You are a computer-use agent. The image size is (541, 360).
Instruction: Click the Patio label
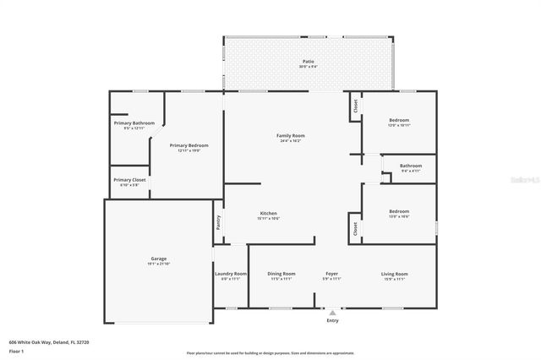309,62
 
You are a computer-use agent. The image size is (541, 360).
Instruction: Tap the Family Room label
291,135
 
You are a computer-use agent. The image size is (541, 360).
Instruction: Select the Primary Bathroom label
134,123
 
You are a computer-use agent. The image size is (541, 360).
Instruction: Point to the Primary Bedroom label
189,145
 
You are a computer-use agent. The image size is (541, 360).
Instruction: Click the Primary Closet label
129,179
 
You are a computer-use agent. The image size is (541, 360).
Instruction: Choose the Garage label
159,259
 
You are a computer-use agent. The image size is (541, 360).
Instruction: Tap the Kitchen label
268,213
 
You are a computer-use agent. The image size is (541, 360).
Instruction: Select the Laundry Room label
230,274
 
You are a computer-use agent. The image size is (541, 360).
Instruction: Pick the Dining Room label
281,274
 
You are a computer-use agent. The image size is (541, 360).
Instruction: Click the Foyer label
332,274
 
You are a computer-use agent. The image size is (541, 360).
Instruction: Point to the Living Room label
395,274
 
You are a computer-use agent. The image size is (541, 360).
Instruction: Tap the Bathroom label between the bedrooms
411,166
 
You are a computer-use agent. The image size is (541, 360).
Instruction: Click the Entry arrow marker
332,312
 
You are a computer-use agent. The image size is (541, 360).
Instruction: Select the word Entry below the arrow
332,320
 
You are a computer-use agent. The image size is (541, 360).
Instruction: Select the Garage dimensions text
159,264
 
